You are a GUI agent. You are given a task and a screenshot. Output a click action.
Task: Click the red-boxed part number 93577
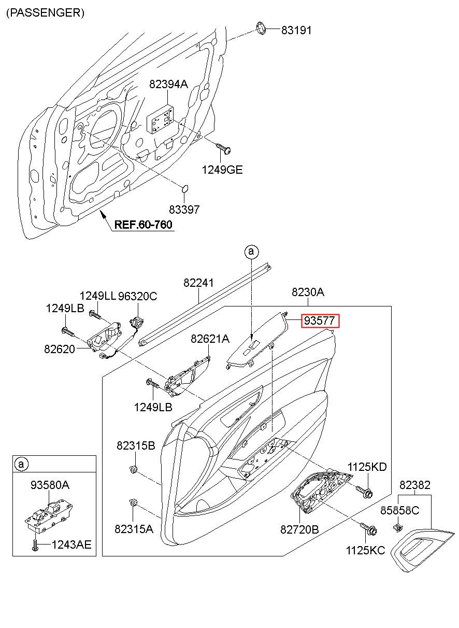[320, 320]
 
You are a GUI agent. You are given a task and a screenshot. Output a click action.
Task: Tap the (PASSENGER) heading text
[45, 13]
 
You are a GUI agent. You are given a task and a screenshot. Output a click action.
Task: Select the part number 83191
[296, 30]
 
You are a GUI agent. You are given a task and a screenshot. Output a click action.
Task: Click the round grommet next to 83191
[261, 29]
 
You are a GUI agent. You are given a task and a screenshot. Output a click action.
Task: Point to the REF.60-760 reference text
[143, 225]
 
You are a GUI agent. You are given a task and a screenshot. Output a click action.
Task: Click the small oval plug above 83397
[184, 189]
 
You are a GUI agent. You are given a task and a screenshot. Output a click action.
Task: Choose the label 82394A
[168, 84]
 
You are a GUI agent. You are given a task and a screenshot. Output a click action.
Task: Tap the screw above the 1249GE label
[223, 149]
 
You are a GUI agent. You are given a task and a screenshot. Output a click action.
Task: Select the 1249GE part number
[222, 170]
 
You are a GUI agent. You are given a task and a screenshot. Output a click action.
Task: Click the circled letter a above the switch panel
[251, 251]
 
